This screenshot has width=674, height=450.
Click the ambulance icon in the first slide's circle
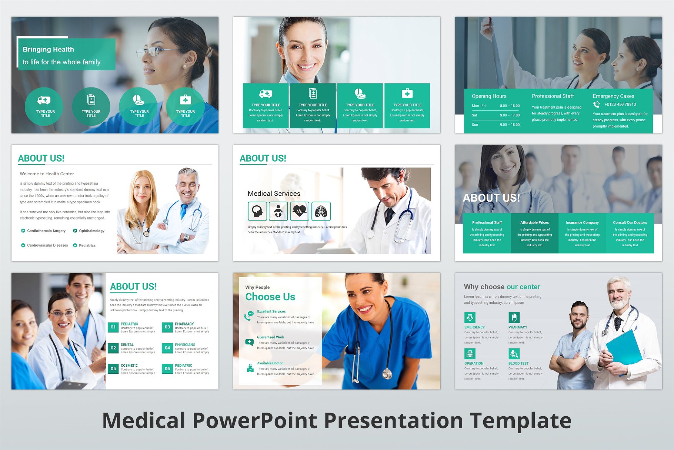(x=44, y=100)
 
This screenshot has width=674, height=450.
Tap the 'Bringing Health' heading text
(x=48, y=49)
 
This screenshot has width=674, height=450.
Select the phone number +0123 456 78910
(x=620, y=105)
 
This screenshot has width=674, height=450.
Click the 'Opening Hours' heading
(x=489, y=96)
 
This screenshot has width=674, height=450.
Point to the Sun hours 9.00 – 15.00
(x=510, y=125)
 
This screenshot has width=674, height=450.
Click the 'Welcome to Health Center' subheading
(x=47, y=174)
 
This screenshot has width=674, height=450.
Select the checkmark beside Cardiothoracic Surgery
(x=23, y=231)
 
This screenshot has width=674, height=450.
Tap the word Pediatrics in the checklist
(x=87, y=245)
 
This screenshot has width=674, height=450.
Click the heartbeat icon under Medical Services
(x=300, y=211)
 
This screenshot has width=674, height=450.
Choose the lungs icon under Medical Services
(x=321, y=211)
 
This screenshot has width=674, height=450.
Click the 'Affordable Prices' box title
(x=534, y=222)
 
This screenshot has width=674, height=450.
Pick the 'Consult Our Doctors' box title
(x=630, y=222)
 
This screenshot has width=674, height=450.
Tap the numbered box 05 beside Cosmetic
(x=113, y=368)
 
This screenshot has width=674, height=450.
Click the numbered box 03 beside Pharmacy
(x=167, y=327)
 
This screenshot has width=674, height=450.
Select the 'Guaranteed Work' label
(x=270, y=337)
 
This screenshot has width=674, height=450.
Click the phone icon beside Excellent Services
(x=248, y=316)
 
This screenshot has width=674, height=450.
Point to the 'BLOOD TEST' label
(x=518, y=363)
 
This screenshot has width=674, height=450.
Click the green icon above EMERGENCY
(x=470, y=318)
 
